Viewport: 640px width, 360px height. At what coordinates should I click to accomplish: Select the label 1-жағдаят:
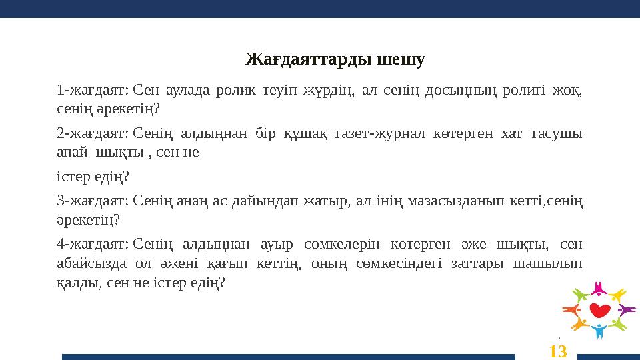click(x=93, y=90)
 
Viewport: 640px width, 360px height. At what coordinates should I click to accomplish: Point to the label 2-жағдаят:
click(x=93, y=134)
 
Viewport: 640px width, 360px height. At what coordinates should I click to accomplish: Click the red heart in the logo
click(x=599, y=310)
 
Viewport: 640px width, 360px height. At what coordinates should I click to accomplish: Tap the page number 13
click(x=558, y=350)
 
